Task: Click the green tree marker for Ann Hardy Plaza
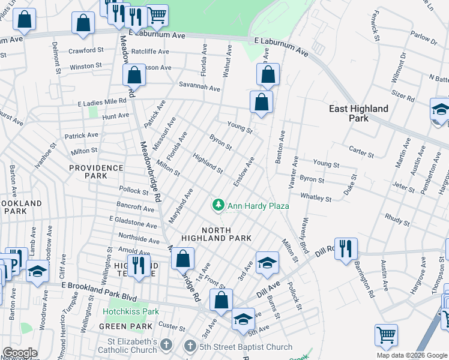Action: tap(218, 205)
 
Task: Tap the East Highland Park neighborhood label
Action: tap(358, 113)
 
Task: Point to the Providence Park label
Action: tap(95, 172)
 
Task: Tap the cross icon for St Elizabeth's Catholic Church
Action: tap(167, 346)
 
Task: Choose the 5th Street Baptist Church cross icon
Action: tap(190, 346)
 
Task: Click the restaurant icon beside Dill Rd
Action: tap(346, 248)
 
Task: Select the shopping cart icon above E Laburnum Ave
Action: tap(157, 14)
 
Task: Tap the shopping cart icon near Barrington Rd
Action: tap(386, 334)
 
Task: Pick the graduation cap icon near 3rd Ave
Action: tap(267, 262)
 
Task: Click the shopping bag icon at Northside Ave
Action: tap(182, 259)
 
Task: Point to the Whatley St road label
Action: tap(316, 197)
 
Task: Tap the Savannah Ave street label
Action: tap(198, 88)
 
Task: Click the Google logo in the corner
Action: tap(19, 353)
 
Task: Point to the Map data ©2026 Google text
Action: tap(411, 355)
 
